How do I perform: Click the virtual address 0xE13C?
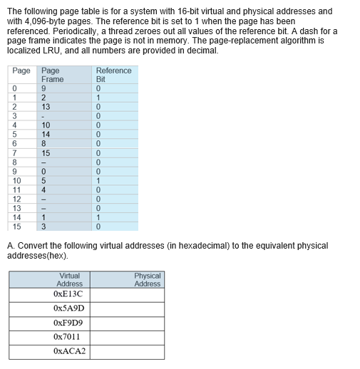pos(68,293)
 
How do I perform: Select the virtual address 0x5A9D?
pos(68,308)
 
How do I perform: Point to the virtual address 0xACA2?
pos(69,351)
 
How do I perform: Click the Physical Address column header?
pos(148,279)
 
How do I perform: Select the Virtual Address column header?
pos(69,279)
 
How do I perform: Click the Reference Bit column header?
pos(113,75)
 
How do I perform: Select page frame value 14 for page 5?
pos(46,133)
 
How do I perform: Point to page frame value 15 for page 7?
pos(46,152)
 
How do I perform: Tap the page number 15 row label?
pos(16,227)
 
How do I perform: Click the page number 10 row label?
pos(16,180)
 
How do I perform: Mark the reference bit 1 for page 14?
pos(100,217)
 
